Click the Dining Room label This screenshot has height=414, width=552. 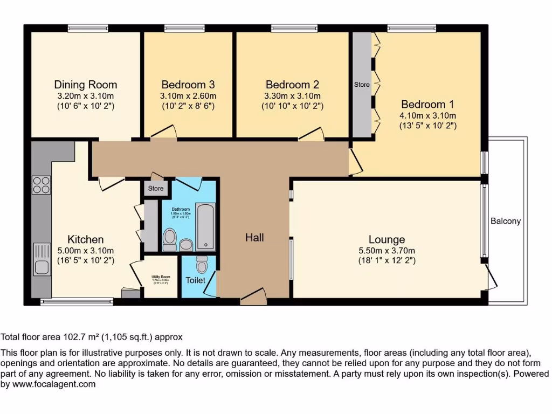click(x=85, y=85)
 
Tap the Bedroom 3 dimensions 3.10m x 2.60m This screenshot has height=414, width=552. click(x=188, y=96)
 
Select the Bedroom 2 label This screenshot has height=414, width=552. click(x=292, y=85)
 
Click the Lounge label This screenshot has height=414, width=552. click(x=387, y=239)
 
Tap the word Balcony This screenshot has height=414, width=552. click(x=506, y=221)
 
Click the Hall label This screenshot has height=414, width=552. click(x=254, y=237)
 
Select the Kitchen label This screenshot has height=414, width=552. click(x=85, y=239)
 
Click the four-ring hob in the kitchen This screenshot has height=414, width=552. click(x=42, y=185)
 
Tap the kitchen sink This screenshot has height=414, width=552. click(x=42, y=258)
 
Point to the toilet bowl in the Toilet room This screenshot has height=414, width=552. click(x=202, y=265)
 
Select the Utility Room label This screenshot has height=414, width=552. click(x=161, y=276)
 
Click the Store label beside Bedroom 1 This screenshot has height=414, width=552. click(x=362, y=85)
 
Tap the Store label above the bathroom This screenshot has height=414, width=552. click(x=156, y=189)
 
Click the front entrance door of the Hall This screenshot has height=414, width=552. click(x=253, y=296)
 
